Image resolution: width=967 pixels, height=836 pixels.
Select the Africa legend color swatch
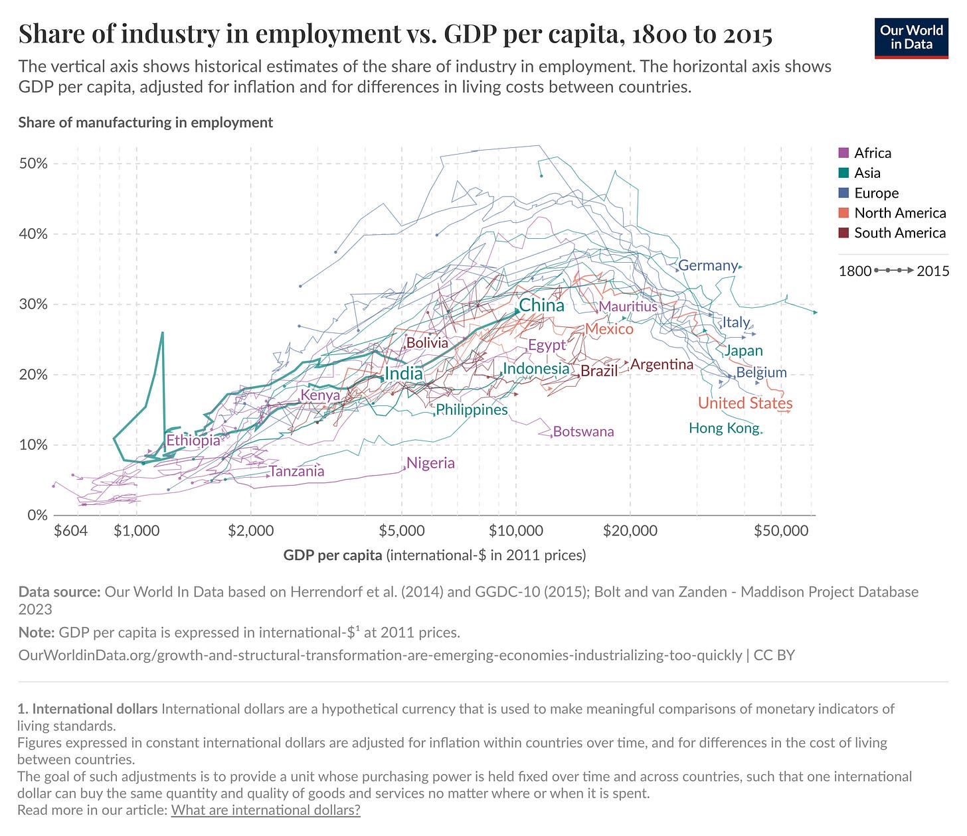844,153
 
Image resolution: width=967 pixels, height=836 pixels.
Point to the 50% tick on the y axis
33,164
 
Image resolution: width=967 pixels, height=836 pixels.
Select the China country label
541,305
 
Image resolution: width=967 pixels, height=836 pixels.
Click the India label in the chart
404,374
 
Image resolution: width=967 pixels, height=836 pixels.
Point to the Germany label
708,265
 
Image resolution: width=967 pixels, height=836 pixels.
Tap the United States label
745,403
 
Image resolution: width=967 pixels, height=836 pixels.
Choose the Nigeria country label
430,463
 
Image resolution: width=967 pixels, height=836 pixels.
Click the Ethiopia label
193,440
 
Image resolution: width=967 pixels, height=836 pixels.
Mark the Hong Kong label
724,428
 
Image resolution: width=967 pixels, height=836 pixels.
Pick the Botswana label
583,431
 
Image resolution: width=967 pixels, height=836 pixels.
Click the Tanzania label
297,471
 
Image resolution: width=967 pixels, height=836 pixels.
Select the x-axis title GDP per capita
333,555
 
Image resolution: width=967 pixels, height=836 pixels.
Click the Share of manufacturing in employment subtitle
145,123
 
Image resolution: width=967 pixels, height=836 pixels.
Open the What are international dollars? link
266,810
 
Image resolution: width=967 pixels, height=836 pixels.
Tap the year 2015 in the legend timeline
932,271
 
